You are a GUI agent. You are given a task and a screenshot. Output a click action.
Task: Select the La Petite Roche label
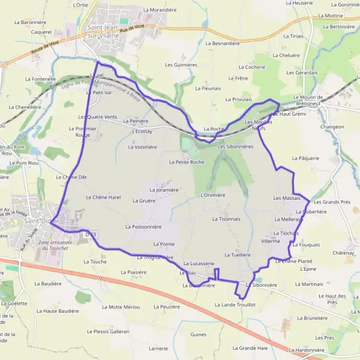tap(186, 162)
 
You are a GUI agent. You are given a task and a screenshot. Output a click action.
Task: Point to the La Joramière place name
tap(163, 190)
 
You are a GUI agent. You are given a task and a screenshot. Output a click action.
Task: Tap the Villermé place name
tap(271, 241)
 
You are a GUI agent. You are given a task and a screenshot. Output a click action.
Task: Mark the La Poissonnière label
tap(143, 227)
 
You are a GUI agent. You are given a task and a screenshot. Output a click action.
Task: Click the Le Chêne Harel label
tap(103, 197)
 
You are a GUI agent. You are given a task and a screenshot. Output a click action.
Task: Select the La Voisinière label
tap(142, 146)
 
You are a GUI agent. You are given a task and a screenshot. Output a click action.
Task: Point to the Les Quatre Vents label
tap(98, 116)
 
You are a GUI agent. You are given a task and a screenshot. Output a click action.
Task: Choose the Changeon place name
tap(332, 127)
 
